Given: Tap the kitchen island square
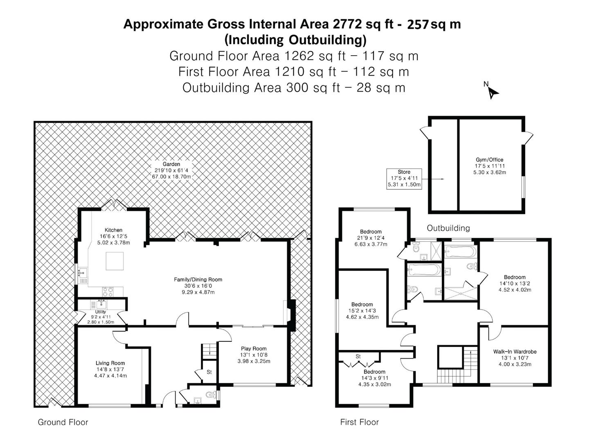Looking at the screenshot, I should tap(115, 261).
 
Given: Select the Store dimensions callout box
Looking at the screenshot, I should tap(404, 178).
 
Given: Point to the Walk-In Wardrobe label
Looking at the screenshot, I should tap(515, 352).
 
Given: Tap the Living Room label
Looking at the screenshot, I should tap(110, 363).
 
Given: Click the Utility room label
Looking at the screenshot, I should tap(101, 312).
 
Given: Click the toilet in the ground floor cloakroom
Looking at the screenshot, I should tap(211, 395).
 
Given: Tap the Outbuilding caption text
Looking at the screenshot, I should tap(448, 228).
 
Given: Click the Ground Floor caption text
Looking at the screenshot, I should tap(63, 422).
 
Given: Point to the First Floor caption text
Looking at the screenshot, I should tap(360, 422).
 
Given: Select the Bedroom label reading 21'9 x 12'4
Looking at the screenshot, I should tap(371, 238).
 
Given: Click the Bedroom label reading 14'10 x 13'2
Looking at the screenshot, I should tap(515, 283).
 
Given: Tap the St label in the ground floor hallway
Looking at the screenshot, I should tap(209, 372).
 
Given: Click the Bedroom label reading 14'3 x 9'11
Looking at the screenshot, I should tap(374, 378).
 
